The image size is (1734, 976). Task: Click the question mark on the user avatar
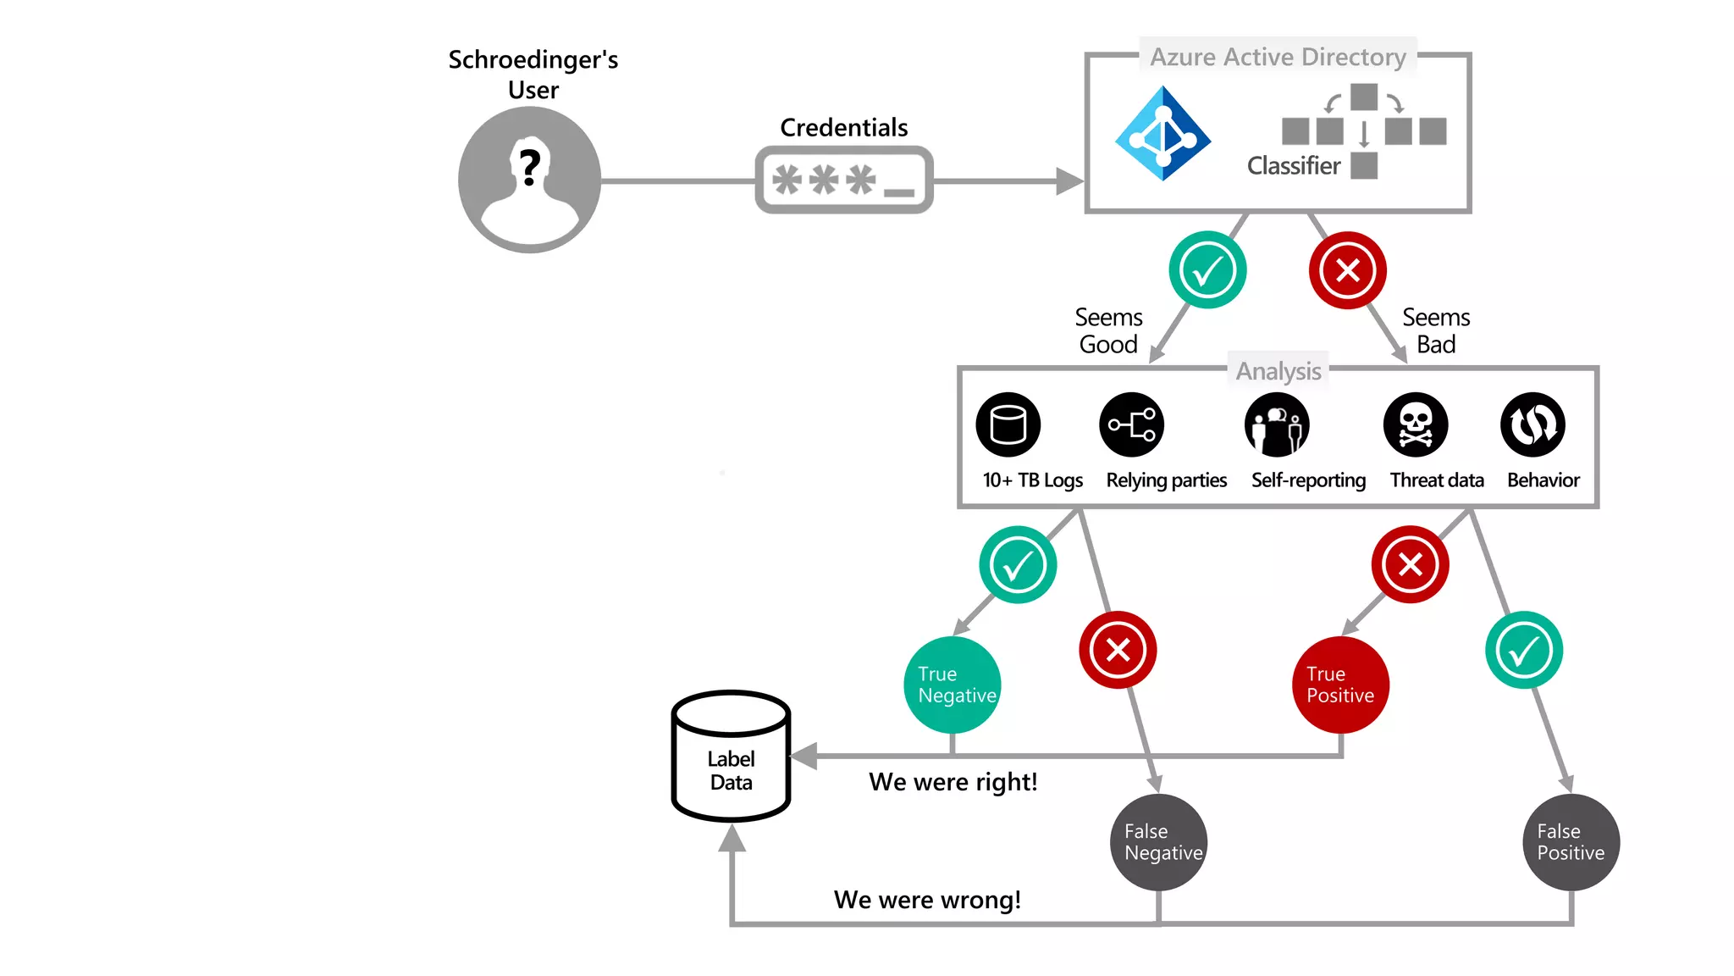click(530, 167)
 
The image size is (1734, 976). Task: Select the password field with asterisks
click(844, 180)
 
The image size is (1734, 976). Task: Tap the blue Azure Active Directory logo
click(1162, 134)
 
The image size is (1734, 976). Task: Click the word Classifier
click(1293, 166)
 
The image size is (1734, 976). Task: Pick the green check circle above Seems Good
click(1207, 270)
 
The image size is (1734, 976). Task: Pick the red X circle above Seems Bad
click(1347, 270)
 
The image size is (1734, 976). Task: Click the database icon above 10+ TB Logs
click(1008, 424)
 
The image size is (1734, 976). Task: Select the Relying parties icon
click(1132, 424)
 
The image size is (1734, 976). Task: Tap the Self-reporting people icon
click(1277, 424)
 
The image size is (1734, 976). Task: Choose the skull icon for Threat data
click(1416, 424)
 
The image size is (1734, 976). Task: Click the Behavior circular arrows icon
click(1532, 424)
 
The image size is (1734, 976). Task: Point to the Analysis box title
click(1278, 371)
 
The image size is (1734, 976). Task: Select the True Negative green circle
click(953, 685)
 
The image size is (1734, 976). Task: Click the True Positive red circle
click(1341, 685)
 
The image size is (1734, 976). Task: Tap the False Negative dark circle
click(1158, 842)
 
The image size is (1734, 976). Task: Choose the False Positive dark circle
click(1571, 842)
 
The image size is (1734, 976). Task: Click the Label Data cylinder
click(731, 757)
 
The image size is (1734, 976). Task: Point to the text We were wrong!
click(927, 900)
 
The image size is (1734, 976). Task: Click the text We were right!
click(953, 782)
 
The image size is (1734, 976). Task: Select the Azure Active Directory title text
click(1278, 57)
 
